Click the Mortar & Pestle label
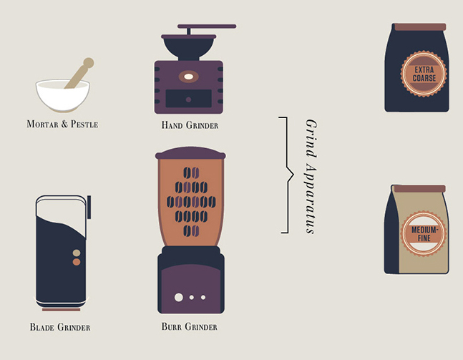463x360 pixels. pos(62,124)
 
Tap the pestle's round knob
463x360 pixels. pos(88,62)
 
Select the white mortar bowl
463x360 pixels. pos(62,94)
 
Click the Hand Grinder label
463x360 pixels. pos(190,125)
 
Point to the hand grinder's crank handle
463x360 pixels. pos(207,26)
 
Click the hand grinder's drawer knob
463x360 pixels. pos(188,99)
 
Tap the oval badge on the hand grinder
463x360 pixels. pos(188,77)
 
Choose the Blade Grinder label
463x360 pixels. pos(60,327)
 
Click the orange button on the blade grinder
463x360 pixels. pos(77,262)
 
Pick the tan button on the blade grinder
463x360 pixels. pos(77,253)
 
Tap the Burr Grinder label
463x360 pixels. pos(189,326)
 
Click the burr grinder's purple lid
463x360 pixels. pos(190,153)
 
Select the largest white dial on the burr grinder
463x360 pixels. pos(179,297)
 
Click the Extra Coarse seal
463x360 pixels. pos(424,74)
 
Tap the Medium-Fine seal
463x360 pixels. pos(424,234)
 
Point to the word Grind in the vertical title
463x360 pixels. pos(311,139)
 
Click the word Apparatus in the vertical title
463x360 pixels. pos(311,200)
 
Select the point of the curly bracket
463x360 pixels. pos(293,175)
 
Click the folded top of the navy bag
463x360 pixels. pos(420,27)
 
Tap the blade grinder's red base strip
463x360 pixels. pos(61,310)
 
